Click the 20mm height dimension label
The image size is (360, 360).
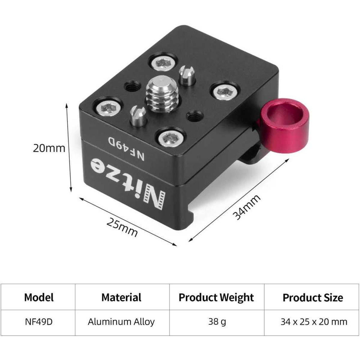tap(49, 148)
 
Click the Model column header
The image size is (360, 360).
tap(39, 297)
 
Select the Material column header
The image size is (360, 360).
tap(121, 297)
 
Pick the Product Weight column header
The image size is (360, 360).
tap(216, 297)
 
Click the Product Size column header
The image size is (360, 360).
tap(313, 298)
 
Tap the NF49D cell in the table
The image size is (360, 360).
tap(39, 322)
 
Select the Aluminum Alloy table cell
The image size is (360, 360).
tap(121, 322)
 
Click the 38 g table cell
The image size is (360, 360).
tap(217, 322)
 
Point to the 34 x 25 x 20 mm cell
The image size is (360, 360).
tap(314, 322)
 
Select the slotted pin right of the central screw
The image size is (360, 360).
tap(186, 76)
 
